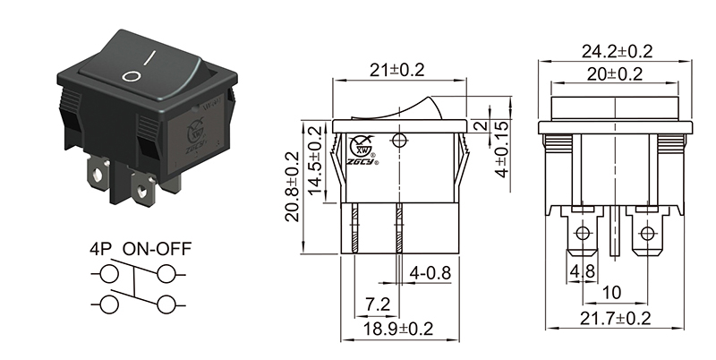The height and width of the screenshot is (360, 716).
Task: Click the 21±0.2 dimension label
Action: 399,69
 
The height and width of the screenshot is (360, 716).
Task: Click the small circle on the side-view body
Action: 399,140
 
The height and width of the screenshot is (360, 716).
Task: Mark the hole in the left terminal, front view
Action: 583,236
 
